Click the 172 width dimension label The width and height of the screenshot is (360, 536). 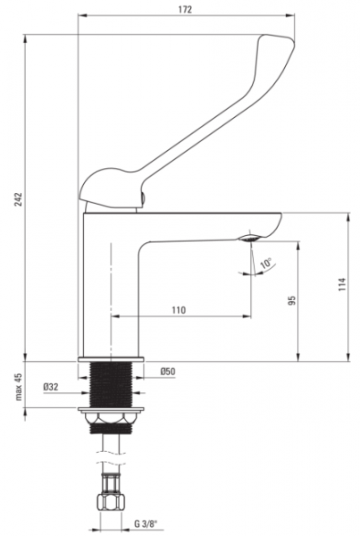pyautogui.click(x=185, y=9)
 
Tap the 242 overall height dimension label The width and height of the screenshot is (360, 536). pyautogui.click(x=18, y=199)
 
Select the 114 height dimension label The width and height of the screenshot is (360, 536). pyautogui.click(x=342, y=284)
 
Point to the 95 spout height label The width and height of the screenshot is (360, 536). pyautogui.click(x=291, y=300)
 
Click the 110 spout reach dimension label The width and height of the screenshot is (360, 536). pyautogui.click(x=179, y=310)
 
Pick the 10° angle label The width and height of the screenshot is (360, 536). pyautogui.click(x=265, y=264)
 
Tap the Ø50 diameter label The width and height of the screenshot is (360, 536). pyautogui.click(x=168, y=372)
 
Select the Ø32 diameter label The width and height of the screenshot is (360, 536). pyautogui.click(x=51, y=387)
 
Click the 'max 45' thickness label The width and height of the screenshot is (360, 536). pyautogui.click(x=18, y=387)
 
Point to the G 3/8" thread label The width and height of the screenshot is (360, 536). pyautogui.click(x=146, y=523)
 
